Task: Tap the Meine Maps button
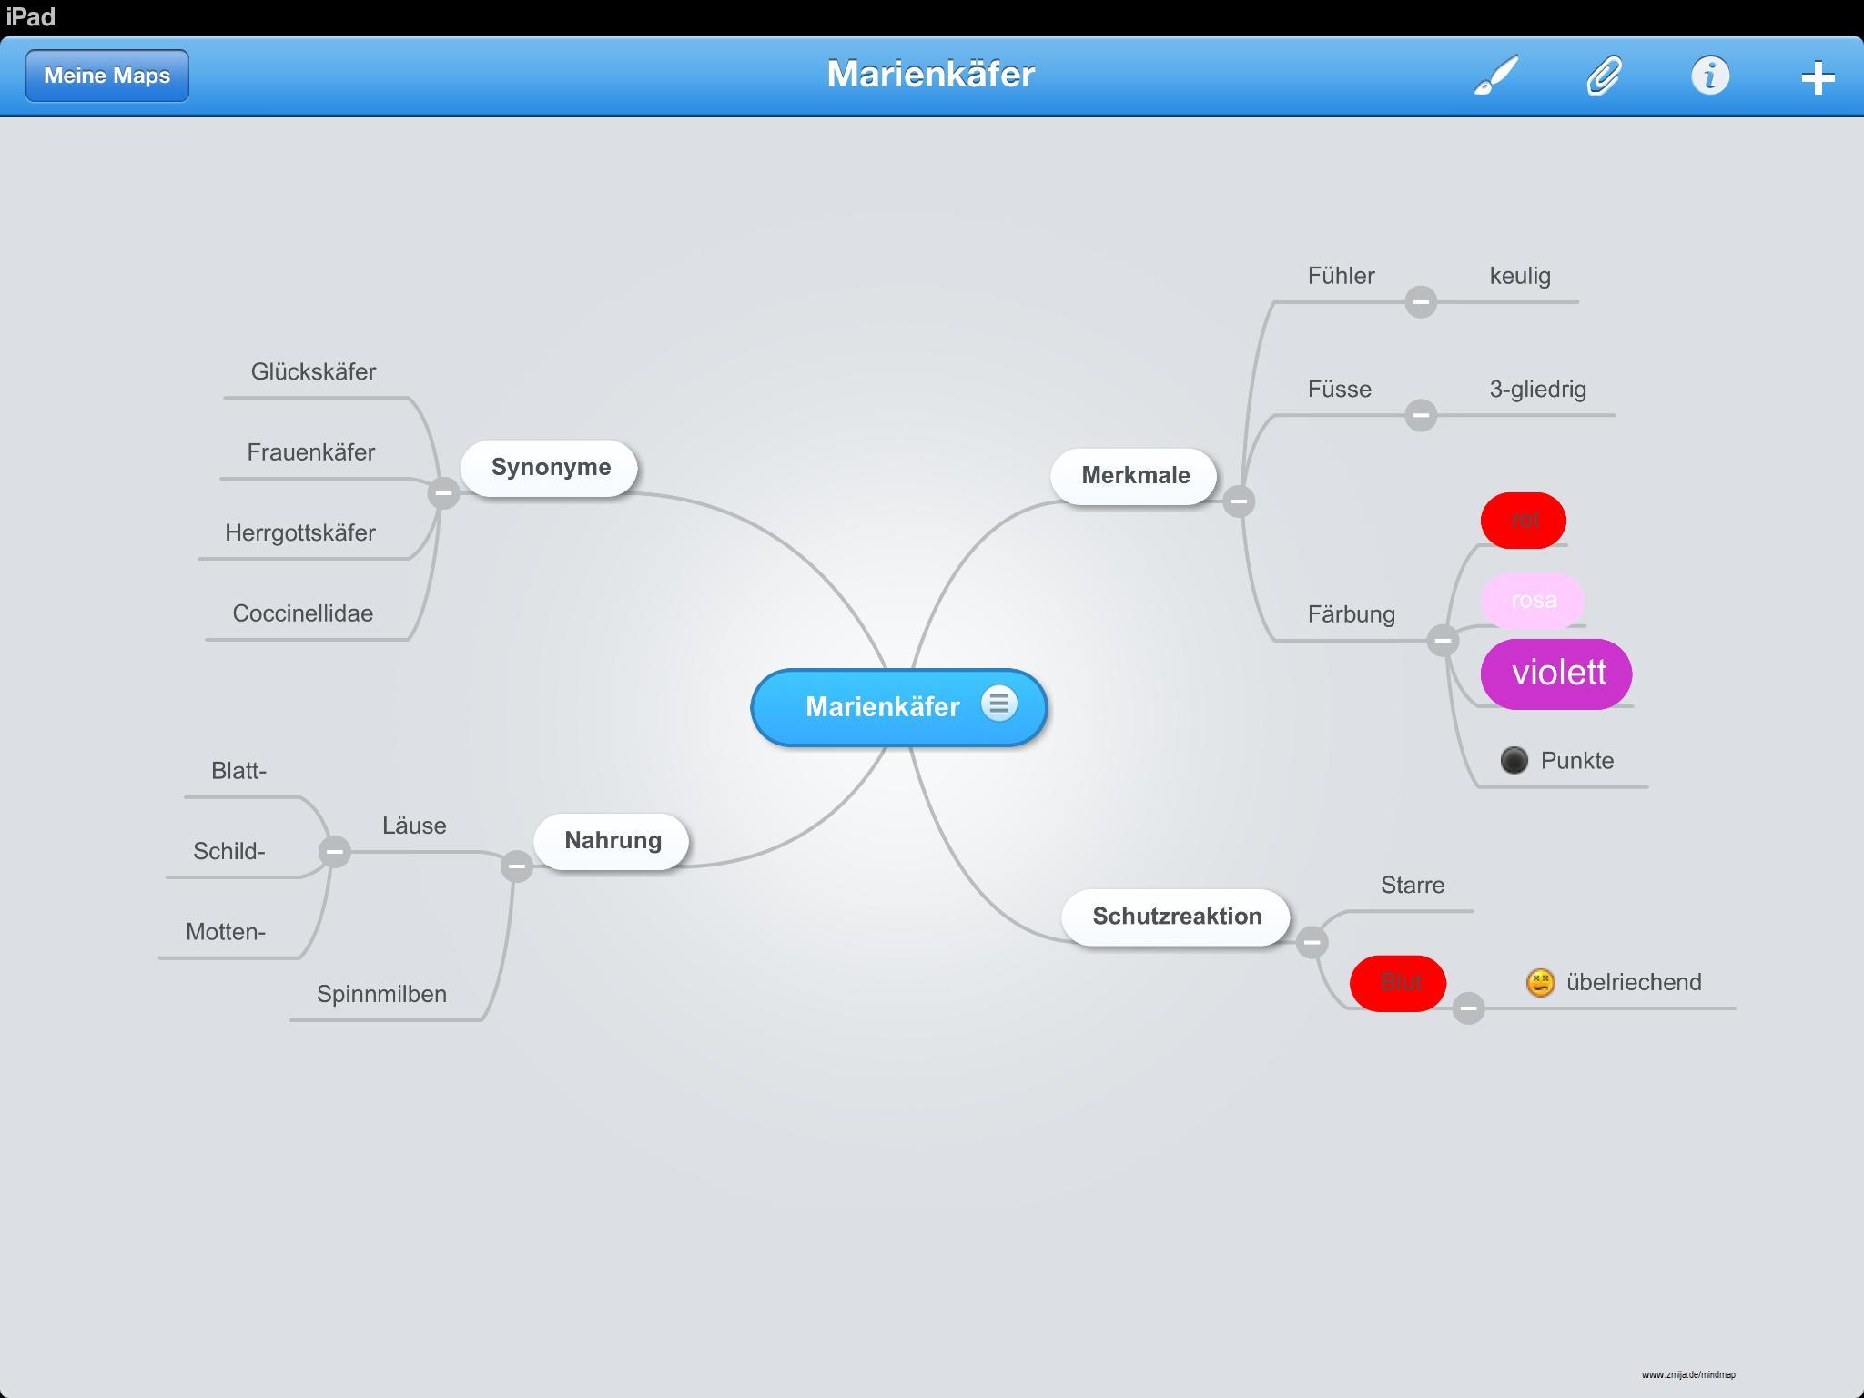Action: (x=107, y=76)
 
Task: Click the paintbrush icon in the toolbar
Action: (x=1495, y=76)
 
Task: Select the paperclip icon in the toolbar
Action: (x=1604, y=76)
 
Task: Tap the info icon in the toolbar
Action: (x=1709, y=76)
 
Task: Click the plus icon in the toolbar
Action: (x=1817, y=77)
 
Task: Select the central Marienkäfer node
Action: (x=881, y=707)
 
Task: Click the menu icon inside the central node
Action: (x=998, y=704)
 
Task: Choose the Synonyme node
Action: (x=550, y=468)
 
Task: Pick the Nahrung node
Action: (x=612, y=841)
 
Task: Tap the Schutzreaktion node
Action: (x=1176, y=917)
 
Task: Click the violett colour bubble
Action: (x=1556, y=674)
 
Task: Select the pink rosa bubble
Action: (x=1533, y=601)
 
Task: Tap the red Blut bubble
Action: (x=1398, y=983)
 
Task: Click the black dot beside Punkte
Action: (x=1514, y=760)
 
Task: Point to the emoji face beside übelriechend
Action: (x=1540, y=983)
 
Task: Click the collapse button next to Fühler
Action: (x=1420, y=301)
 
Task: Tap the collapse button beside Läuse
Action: (x=334, y=851)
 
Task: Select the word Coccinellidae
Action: (x=303, y=613)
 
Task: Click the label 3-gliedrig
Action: (x=1537, y=390)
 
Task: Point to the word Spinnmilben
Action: (x=381, y=994)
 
